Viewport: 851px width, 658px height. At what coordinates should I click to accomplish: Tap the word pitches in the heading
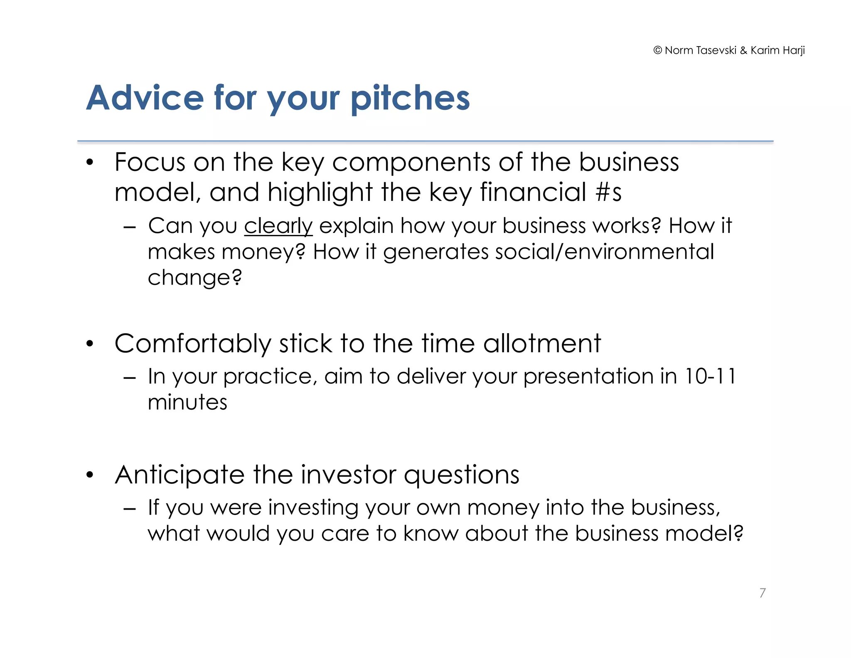[x=410, y=99]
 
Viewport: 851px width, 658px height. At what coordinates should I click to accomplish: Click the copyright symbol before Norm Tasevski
[x=657, y=50]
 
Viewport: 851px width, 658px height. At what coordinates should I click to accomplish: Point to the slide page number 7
[x=762, y=593]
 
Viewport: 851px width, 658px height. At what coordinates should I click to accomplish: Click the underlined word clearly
[x=278, y=226]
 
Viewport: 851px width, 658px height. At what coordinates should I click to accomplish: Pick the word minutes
[x=187, y=403]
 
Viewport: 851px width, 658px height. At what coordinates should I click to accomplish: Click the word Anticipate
[x=180, y=475]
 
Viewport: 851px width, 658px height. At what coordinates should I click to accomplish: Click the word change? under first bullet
[x=194, y=278]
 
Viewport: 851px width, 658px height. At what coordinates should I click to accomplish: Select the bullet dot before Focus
[x=90, y=163]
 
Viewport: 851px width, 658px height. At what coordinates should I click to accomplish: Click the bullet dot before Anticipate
[x=90, y=475]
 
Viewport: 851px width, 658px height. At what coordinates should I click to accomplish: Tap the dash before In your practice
[x=130, y=378]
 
